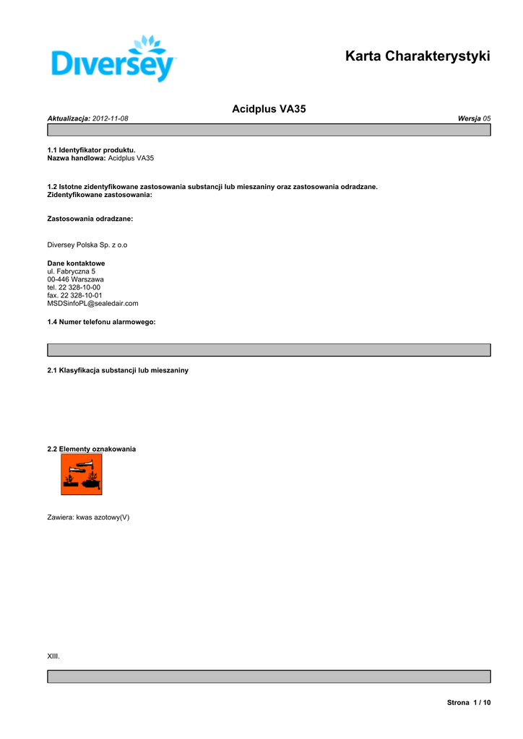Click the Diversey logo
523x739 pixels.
(113, 59)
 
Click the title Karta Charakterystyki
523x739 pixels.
(418, 56)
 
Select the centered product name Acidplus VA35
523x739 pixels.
(269, 109)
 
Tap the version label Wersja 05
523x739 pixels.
(474, 118)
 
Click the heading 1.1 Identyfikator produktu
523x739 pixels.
(91, 150)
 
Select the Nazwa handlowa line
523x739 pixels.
(100, 157)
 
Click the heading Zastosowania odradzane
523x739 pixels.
(90, 218)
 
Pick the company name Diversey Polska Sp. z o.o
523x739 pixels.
(87, 245)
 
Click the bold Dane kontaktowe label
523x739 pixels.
(76, 263)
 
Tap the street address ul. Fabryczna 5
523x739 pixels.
(71, 271)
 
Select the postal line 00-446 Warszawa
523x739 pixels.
(75, 279)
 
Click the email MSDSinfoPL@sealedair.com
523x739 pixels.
(92, 303)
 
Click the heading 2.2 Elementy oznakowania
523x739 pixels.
(91, 449)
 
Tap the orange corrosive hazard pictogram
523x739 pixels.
(81, 474)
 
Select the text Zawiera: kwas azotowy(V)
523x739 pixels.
(88, 517)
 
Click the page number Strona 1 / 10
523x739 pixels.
(469, 702)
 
